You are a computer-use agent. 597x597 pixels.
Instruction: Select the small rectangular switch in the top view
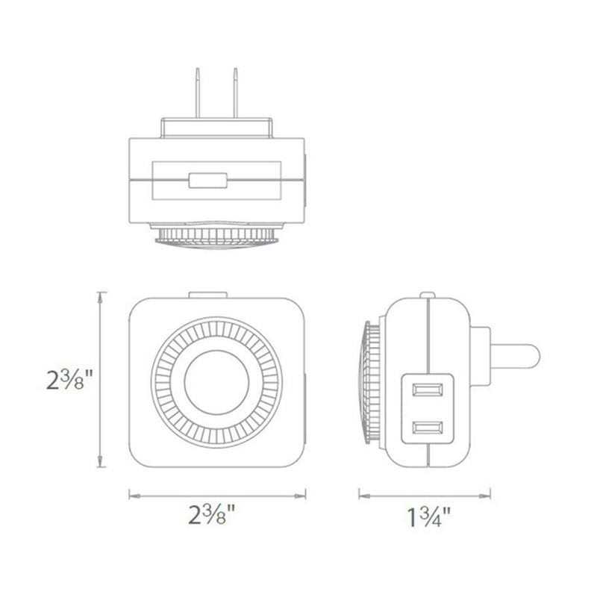(207, 180)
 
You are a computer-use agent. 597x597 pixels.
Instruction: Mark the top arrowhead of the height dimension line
(100, 294)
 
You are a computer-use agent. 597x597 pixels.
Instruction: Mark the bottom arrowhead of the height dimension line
(100, 466)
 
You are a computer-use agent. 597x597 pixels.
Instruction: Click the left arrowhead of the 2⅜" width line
(131, 493)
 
